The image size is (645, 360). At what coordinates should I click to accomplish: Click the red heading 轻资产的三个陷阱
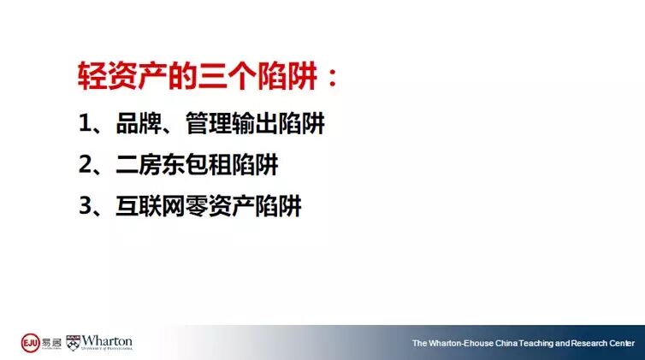198,75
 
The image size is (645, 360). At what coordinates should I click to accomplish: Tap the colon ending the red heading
333,77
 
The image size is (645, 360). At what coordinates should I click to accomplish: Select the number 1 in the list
85,123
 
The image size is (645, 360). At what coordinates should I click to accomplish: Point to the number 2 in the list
86,164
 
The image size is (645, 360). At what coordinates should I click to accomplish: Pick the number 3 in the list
86,205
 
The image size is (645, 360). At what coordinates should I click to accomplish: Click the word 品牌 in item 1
139,123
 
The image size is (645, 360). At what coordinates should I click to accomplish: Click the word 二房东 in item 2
151,164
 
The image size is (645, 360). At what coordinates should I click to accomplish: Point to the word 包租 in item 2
209,164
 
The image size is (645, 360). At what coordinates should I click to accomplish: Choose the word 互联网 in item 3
151,205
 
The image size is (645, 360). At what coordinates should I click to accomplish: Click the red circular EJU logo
31,343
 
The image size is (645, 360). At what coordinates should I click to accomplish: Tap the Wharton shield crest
73,343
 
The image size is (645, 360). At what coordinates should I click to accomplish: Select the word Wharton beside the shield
107,341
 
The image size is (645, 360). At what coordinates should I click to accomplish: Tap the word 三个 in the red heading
228,75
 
